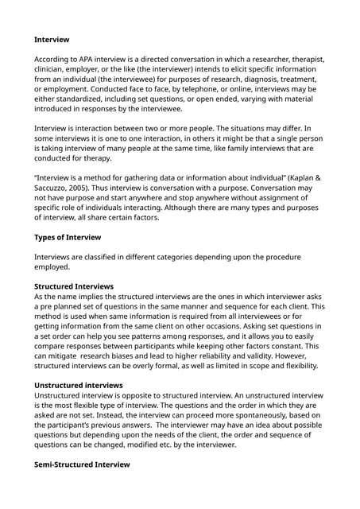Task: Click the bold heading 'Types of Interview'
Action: pos(68,237)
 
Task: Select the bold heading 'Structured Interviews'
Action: pos(74,286)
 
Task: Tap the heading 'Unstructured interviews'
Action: pos(78,384)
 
